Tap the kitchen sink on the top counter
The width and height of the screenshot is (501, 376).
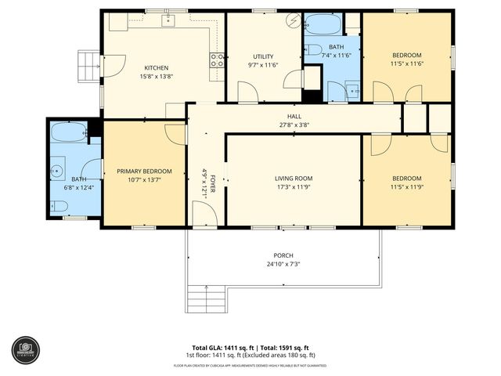point(168,21)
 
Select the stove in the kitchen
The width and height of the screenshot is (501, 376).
point(217,60)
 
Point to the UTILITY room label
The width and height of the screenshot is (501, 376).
point(263,56)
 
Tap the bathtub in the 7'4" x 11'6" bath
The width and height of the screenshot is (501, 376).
point(323,24)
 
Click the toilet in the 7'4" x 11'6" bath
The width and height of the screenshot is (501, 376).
point(314,50)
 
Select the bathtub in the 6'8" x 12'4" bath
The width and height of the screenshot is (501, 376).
point(68,132)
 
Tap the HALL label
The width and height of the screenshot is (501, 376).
point(294,116)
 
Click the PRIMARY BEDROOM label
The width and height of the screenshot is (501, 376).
point(144,171)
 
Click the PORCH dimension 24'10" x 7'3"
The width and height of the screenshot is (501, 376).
point(283,264)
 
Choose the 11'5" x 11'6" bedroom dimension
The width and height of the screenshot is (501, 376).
point(406,65)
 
